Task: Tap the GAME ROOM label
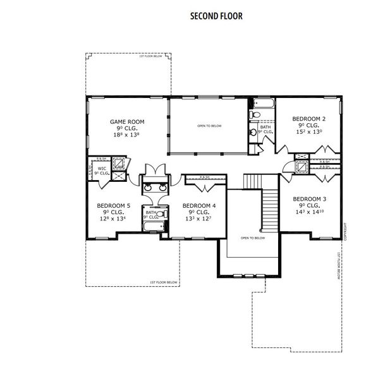127,121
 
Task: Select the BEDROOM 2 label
308,118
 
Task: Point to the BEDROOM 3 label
310,198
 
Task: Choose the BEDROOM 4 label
199,205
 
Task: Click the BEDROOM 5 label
113,205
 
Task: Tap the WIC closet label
102,169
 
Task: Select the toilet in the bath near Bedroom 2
254,115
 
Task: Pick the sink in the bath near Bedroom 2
253,132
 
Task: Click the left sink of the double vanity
147,187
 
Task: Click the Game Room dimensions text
127,135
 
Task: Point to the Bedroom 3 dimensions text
310,212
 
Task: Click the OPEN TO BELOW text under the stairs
252,238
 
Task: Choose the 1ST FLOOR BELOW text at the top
150,56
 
